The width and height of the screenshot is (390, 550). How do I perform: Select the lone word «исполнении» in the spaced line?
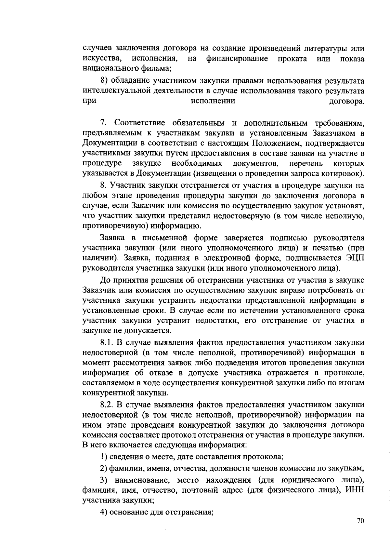click(x=213, y=101)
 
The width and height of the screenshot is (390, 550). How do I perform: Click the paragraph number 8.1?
click(x=107, y=342)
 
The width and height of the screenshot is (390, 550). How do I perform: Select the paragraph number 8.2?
click(x=107, y=405)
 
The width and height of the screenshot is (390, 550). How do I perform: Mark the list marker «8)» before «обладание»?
click(x=104, y=81)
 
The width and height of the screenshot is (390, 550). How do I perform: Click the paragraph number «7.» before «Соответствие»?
click(x=104, y=123)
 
